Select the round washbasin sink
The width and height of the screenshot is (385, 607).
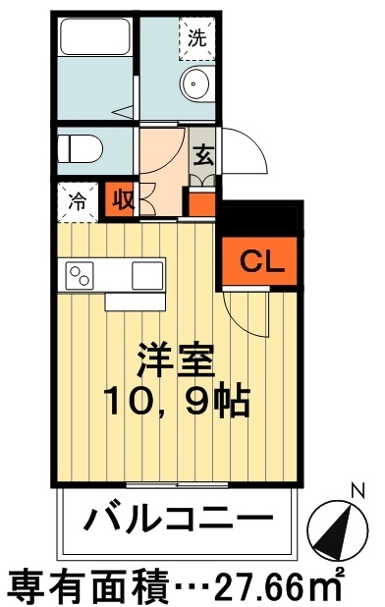[x=195, y=84]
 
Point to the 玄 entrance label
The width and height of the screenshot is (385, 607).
[x=204, y=154]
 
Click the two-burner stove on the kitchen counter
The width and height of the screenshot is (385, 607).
[x=81, y=274]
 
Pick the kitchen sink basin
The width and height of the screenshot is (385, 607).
[x=148, y=274]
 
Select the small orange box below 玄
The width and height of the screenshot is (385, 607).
[x=201, y=203]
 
